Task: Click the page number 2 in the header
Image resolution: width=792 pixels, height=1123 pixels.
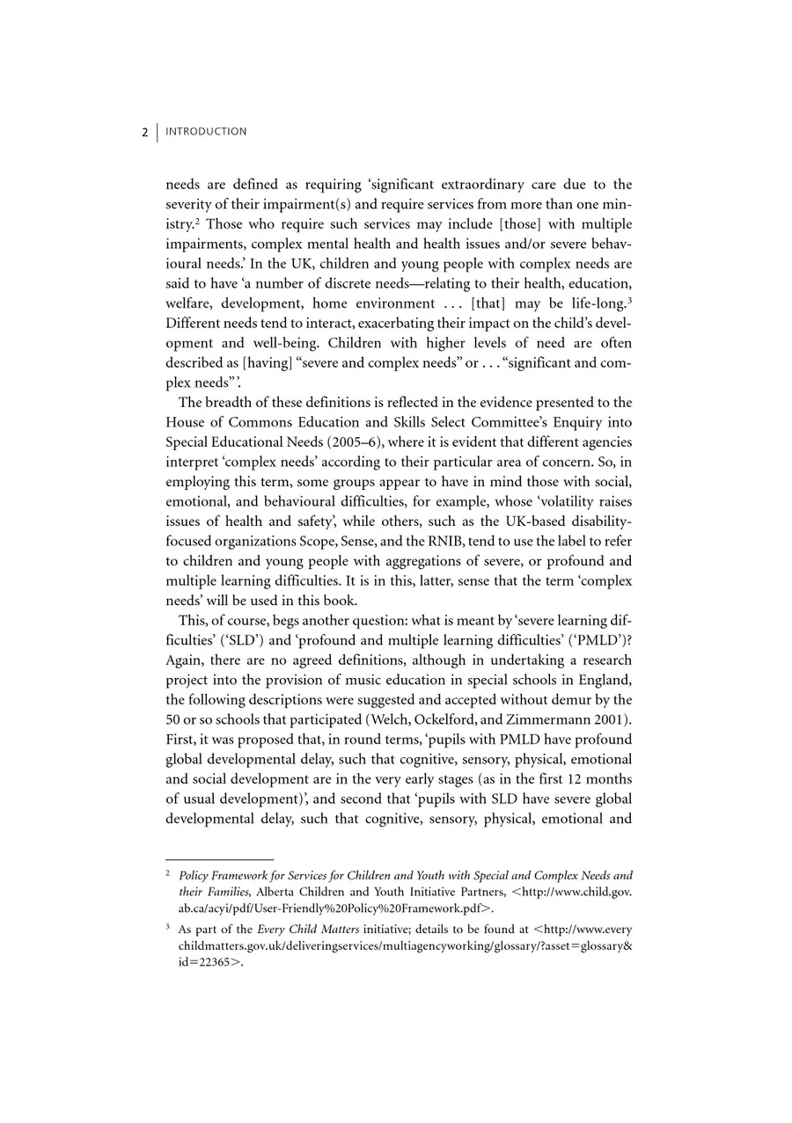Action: coord(144,133)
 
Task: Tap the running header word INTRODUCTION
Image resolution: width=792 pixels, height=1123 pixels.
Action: coord(206,132)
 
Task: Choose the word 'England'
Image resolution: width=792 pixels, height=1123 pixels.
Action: coord(605,680)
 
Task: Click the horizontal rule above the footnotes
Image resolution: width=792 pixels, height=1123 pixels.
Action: coord(219,859)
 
